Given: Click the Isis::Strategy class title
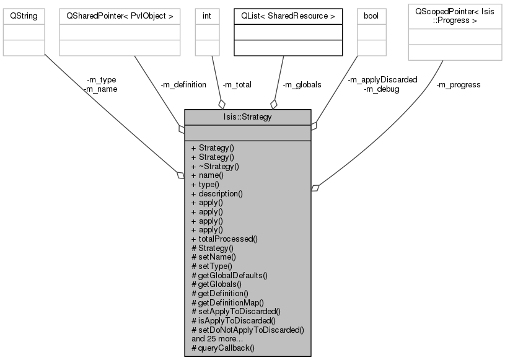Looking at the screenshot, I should (x=247, y=116).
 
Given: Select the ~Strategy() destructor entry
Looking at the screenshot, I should (x=216, y=166).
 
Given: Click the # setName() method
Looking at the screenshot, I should (x=214, y=257).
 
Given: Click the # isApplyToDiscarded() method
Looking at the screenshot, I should (x=234, y=320).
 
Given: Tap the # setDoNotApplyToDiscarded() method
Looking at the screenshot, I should (x=248, y=330).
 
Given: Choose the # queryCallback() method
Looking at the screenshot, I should (x=223, y=348).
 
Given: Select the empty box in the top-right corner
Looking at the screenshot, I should (x=454, y=32).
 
